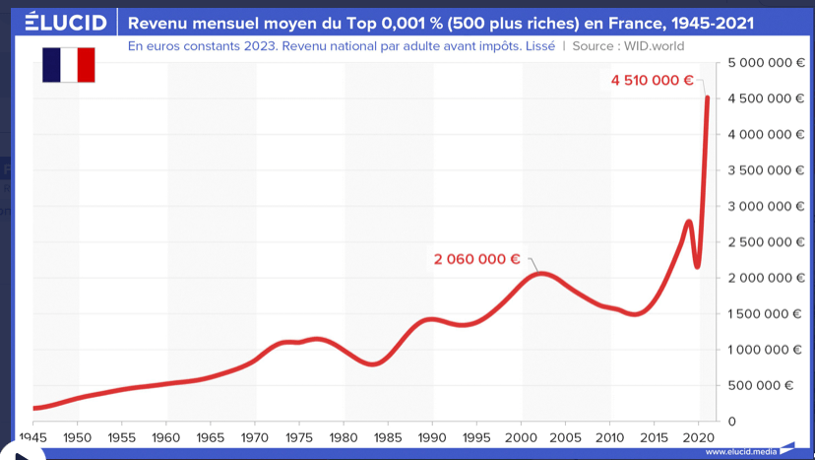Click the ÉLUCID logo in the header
point(65,22)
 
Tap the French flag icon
point(68,64)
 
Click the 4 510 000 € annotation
point(653,81)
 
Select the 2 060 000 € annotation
point(476,259)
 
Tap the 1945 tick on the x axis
point(32,436)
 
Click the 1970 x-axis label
point(255,436)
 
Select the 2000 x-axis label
point(521,436)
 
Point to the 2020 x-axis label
point(698,436)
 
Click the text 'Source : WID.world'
point(628,46)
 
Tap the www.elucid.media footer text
point(740,452)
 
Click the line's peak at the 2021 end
point(708,97)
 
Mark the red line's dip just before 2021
point(697,266)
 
